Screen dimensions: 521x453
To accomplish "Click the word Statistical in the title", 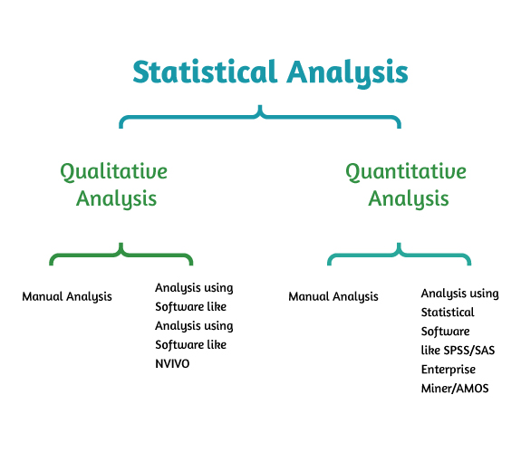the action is tap(205, 72).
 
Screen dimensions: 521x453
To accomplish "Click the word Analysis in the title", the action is tap(348, 73).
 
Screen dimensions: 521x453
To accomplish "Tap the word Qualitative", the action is tap(113, 172).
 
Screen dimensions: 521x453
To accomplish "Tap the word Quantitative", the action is tap(406, 172).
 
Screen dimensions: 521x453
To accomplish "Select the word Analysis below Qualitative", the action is tap(116, 199).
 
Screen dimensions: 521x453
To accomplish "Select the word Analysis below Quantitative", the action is tap(409, 199).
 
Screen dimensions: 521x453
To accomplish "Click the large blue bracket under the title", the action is tap(260, 116).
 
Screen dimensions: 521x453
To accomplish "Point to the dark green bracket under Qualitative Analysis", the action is tap(121, 255).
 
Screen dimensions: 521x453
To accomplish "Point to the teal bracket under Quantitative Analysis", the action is tap(399, 255).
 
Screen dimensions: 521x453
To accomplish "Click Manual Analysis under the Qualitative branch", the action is tap(67, 297).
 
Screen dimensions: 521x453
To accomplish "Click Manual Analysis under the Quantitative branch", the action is tap(333, 297).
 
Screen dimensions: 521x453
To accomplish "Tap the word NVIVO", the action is tap(172, 363).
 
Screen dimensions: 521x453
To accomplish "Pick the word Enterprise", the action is tap(449, 370).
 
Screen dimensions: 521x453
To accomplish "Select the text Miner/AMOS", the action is tap(455, 388).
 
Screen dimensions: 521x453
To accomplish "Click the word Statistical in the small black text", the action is tap(448, 313).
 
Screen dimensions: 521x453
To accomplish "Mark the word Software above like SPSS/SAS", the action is tap(445, 332).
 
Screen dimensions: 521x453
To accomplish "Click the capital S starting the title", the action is tap(140, 72).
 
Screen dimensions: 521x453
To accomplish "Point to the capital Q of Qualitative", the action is tap(67, 173).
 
